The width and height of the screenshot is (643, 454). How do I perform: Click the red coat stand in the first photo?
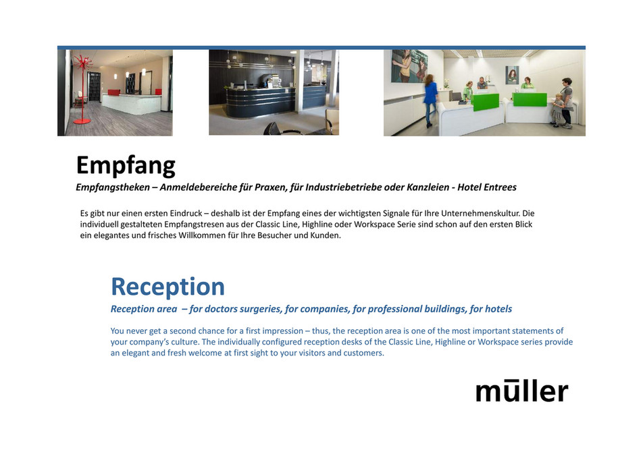pyautogui.click(x=82, y=88)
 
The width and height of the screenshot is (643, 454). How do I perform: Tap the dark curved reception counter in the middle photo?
pyautogui.click(x=260, y=105)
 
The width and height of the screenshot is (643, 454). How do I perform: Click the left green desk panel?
pyautogui.click(x=486, y=102)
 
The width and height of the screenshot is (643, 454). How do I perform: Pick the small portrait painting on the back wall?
pyautogui.click(x=513, y=74)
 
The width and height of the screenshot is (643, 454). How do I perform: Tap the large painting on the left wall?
pyautogui.click(x=410, y=65)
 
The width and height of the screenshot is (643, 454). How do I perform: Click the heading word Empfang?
pyautogui.click(x=126, y=165)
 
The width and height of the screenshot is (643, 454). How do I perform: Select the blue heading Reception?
pyautogui.click(x=168, y=287)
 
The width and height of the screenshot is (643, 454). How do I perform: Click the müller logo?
pyautogui.click(x=521, y=391)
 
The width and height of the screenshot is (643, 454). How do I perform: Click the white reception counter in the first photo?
pyautogui.click(x=132, y=103)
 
